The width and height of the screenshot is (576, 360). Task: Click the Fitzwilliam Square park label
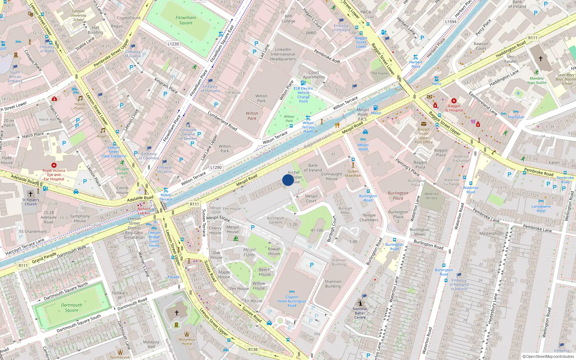(186, 20)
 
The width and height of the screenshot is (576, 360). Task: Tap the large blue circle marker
(288, 180)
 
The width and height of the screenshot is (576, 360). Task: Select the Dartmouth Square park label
(71, 307)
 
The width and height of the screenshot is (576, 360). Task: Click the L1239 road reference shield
(173, 44)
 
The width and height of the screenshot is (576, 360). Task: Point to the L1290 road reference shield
(216, 167)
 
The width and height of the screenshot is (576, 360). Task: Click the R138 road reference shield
(253, 350)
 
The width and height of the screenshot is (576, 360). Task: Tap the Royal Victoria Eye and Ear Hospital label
(54, 175)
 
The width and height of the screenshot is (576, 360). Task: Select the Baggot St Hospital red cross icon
(454, 101)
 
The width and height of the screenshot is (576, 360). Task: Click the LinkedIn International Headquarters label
(283, 54)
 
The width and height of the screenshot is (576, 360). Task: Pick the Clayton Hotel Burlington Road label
(292, 301)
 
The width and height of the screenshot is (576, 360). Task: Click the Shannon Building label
(333, 284)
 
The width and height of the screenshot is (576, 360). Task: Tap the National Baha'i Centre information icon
(360, 303)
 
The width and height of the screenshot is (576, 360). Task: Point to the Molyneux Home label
(186, 341)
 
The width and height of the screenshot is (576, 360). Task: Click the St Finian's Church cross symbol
(31, 194)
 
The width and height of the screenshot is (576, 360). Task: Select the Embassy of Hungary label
(210, 88)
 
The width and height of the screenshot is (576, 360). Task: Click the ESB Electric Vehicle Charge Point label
(303, 95)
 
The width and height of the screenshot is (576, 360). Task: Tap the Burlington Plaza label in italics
(398, 195)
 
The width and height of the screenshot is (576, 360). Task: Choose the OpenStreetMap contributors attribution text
(548, 356)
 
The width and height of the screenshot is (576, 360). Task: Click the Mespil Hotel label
(363, 147)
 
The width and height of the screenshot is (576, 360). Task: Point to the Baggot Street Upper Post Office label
(424, 136)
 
